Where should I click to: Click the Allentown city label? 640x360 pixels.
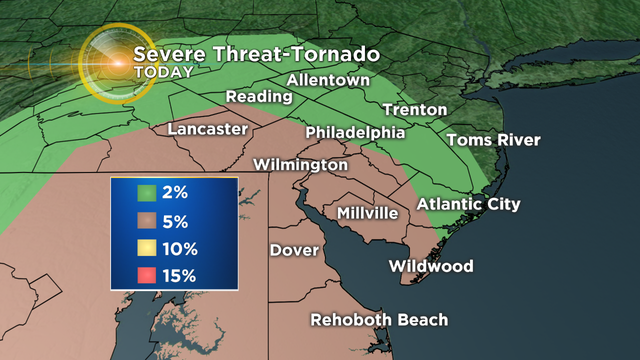coord(329,79)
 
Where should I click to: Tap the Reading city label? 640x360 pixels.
coord(259,97)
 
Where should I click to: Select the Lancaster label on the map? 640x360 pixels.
coord(208,130)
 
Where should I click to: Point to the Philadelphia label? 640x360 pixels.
coord(355,132)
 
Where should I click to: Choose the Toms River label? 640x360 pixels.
coord(493,140)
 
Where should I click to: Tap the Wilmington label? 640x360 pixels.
coord(301,164)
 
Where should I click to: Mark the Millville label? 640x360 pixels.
coord(367,213)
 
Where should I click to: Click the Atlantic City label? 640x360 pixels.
coord(469,204)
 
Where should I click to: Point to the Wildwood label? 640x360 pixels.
coord(430,266)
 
